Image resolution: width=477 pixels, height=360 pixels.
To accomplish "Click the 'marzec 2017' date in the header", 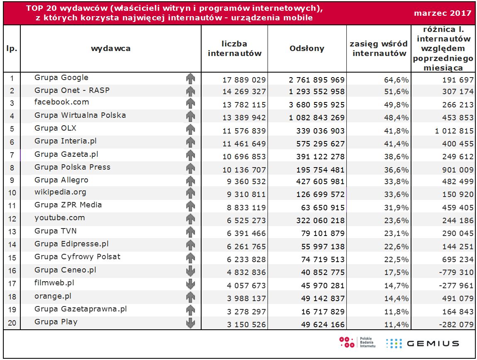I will coord(443,13).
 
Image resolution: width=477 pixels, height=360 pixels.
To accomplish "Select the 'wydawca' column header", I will coord(111,49).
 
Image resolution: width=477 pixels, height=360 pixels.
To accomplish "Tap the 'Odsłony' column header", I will coord(307,49).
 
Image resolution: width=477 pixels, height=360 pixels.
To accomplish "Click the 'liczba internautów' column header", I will coord(234,49).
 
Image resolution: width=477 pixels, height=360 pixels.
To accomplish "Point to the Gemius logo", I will coord(422,343).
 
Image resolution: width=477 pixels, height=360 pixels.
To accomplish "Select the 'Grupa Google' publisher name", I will coord(61,78).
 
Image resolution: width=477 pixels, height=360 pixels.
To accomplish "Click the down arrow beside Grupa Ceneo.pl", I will coord(190,271).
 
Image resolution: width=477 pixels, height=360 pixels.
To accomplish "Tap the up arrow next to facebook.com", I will coord(190,104).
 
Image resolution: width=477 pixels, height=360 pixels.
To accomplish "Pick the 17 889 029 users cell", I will coord(244,79).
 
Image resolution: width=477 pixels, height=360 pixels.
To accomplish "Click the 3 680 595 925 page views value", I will coord(317,105).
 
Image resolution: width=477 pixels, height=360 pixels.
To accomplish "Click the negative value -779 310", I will coord(456,273).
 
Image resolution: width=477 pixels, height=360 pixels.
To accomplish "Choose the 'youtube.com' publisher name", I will coord(60,218).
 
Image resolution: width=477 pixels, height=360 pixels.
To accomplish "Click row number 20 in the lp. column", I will coord(12,324).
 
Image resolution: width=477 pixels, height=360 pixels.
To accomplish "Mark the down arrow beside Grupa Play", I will coord(190,323).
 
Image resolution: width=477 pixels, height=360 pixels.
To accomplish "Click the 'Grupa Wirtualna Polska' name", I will coord(80,115).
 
